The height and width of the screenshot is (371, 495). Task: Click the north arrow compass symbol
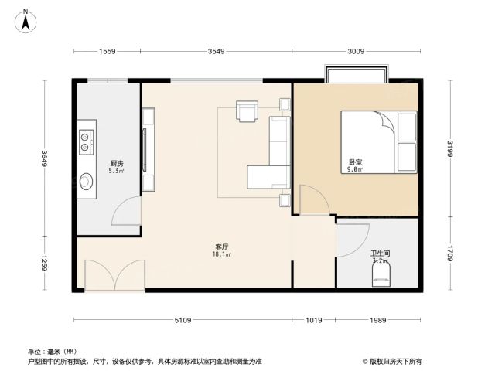click(x=26, y=21)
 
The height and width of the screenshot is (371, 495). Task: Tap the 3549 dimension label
click(x=217, y=51)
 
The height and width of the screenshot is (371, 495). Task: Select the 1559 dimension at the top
click(x=108, y=51)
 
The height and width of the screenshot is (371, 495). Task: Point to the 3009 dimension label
click(x=356, y=51)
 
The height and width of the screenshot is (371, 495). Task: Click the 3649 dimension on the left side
click(x=44, y=158)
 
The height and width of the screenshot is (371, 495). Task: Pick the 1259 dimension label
click(x=44, y=263)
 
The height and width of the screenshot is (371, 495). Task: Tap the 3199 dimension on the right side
click(x=450, y=148)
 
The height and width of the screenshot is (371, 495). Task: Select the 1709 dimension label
click(x=450, y=254)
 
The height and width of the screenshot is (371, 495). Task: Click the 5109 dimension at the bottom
click(x=183, y=320)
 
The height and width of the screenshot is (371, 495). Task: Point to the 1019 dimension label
click(x=314, y=320)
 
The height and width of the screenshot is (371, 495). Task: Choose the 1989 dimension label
click(x=378, y=320)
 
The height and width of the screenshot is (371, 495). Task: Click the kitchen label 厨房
click(x=117, y=163)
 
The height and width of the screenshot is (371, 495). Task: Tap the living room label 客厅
click(x=222, y=247)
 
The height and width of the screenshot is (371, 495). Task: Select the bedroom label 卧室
click(x=356, y=162)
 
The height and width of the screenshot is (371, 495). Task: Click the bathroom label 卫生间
click(x=380, y=254)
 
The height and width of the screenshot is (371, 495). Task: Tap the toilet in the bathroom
click(x=381, y=274)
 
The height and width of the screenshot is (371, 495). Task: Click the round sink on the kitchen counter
click(x=86, y=182)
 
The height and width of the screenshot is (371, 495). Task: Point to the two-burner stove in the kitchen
click(x=86, y=142)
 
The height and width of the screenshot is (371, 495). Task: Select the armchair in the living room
click(x=247, y=111)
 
